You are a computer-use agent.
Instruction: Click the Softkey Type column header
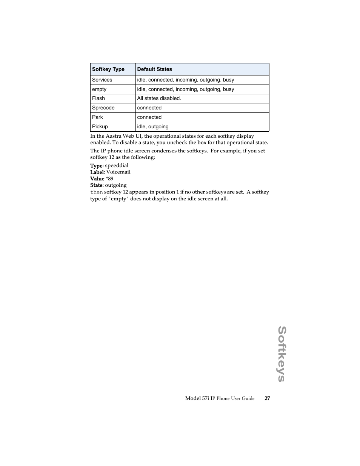tap(108, 69)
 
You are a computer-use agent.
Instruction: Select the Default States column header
tap(154, 69)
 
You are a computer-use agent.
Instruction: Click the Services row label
tap(102, 80)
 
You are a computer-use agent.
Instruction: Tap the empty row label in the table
tap(99, 89)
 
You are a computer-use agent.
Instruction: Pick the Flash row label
tap(98, 98)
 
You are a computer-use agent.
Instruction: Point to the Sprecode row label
tap(103, 108)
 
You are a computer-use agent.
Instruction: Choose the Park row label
tap(97, 117)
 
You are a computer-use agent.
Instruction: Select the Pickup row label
tap(100, 127)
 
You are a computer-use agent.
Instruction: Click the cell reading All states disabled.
tap(159, 98)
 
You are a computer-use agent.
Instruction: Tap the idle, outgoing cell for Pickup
tap(153, 127)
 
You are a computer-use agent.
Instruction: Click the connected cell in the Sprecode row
tap(149, 108)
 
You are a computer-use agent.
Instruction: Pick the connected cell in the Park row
tap(149, 117)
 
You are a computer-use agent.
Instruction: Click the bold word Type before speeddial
tap(96, 166)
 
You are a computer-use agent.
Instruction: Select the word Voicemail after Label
tap(118, 172)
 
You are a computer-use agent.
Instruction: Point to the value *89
tap(109, 179)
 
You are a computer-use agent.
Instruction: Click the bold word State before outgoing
tap(96, 185)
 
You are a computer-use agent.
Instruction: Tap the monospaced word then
tap(96, 192)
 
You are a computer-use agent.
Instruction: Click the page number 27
tap(267, 398)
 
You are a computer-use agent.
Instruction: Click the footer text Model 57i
tap(197, 398)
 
